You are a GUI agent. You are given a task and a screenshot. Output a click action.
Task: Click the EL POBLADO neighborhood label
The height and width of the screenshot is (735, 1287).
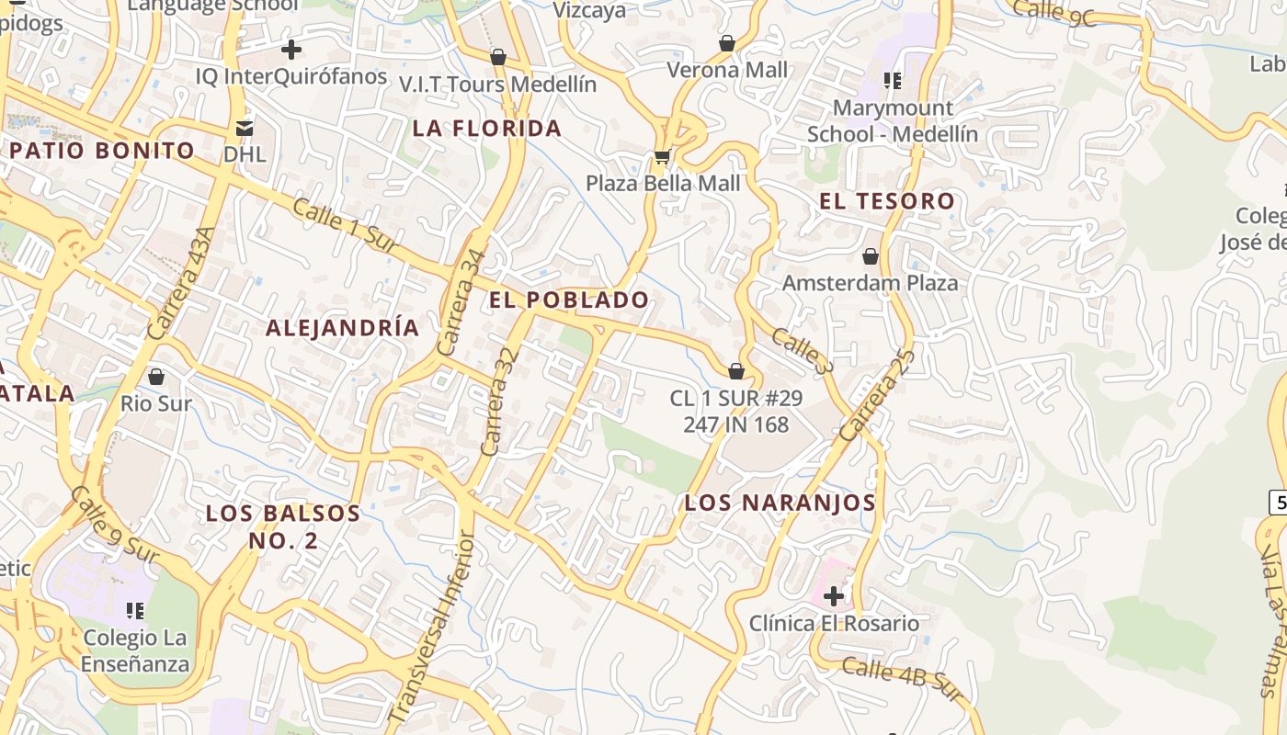[569, 300]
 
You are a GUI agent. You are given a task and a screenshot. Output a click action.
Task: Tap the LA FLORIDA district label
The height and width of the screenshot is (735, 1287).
[486, 129]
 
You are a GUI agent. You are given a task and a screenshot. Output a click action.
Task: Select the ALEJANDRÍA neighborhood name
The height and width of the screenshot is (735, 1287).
[342, 328]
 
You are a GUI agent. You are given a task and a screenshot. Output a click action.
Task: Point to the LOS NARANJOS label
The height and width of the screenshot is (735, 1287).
[780, 503]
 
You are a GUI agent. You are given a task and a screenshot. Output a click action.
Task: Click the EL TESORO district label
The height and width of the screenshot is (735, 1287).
[887, 201]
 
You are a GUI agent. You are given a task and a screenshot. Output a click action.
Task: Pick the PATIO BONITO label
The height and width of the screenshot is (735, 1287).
[103, 151]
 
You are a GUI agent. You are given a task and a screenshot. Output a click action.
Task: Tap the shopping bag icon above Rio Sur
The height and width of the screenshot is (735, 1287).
[156, 377]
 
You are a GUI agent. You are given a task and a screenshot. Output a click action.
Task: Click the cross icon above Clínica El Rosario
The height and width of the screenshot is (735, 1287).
[834, 596]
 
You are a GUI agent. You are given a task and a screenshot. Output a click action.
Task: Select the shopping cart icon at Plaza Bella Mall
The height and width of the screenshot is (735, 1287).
[662, 157]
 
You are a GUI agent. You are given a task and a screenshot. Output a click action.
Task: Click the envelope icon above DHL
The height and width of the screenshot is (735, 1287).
[245, 127]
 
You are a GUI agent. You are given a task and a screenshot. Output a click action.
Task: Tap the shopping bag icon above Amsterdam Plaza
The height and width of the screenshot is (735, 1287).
[870, 256]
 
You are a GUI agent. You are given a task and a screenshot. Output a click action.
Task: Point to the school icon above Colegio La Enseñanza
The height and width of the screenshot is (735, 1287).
[136, 610]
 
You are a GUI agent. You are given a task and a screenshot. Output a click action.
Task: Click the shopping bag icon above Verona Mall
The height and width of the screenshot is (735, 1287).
[727, 43]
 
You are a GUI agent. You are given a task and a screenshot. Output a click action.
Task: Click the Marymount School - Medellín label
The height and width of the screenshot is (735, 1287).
[892, 121]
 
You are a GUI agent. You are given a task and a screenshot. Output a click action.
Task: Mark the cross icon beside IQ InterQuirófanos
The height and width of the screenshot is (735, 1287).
[291, 50]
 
